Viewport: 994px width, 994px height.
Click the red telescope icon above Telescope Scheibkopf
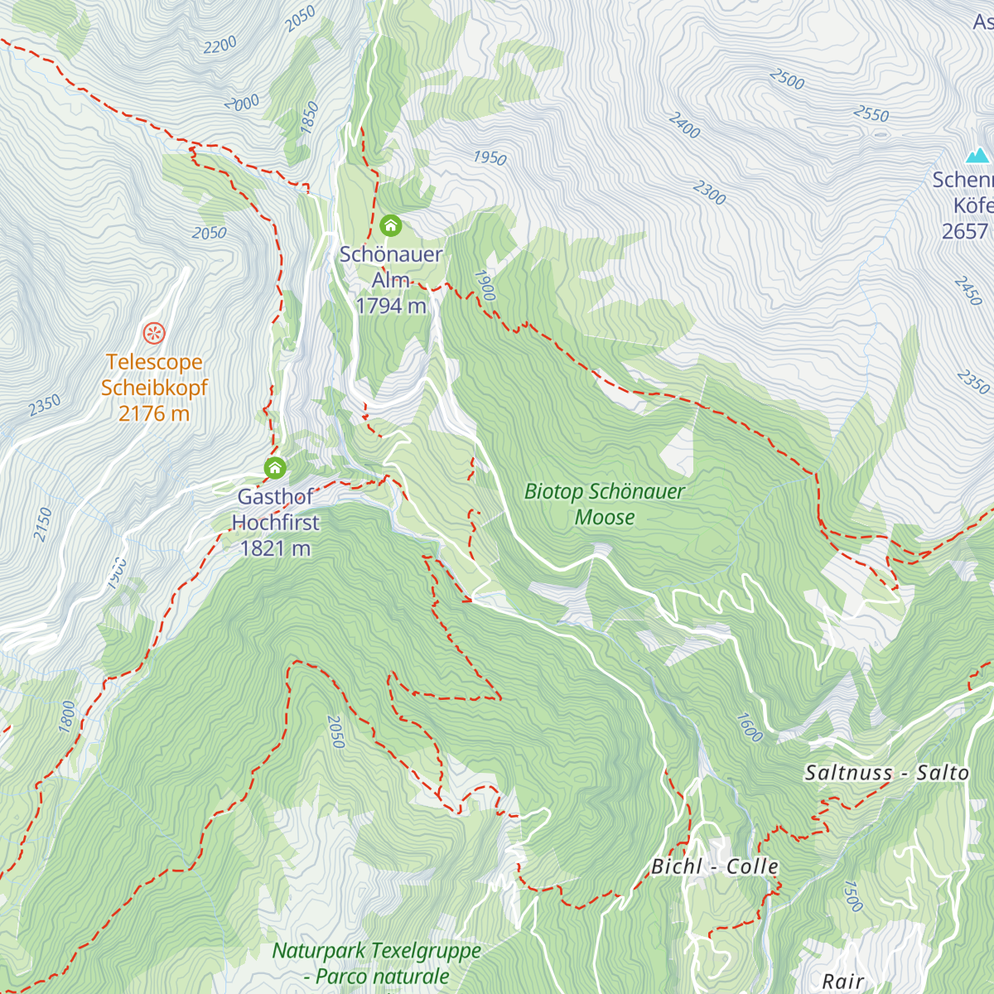154,333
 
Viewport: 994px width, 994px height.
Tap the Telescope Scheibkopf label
154,388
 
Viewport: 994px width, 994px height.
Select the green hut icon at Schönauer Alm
390,225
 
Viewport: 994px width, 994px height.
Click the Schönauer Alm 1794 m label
391,280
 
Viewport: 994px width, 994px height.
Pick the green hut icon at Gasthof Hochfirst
275,468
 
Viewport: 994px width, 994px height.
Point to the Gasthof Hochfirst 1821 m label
275,523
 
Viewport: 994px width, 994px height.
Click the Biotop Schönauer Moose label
605,504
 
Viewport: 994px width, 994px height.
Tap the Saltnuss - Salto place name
886,773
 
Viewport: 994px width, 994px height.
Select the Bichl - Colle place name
715,866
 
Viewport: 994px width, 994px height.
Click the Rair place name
843,982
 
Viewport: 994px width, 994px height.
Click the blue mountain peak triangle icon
977,156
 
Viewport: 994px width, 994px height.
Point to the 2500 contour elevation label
787,80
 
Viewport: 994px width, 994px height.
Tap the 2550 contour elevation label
871,113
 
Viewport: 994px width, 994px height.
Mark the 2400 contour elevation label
685,125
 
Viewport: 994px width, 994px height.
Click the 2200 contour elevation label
220,46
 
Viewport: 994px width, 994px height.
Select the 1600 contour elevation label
749,727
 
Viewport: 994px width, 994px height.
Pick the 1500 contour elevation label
852,895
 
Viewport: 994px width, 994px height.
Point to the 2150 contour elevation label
43,524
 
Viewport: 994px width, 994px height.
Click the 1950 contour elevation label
490,157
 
